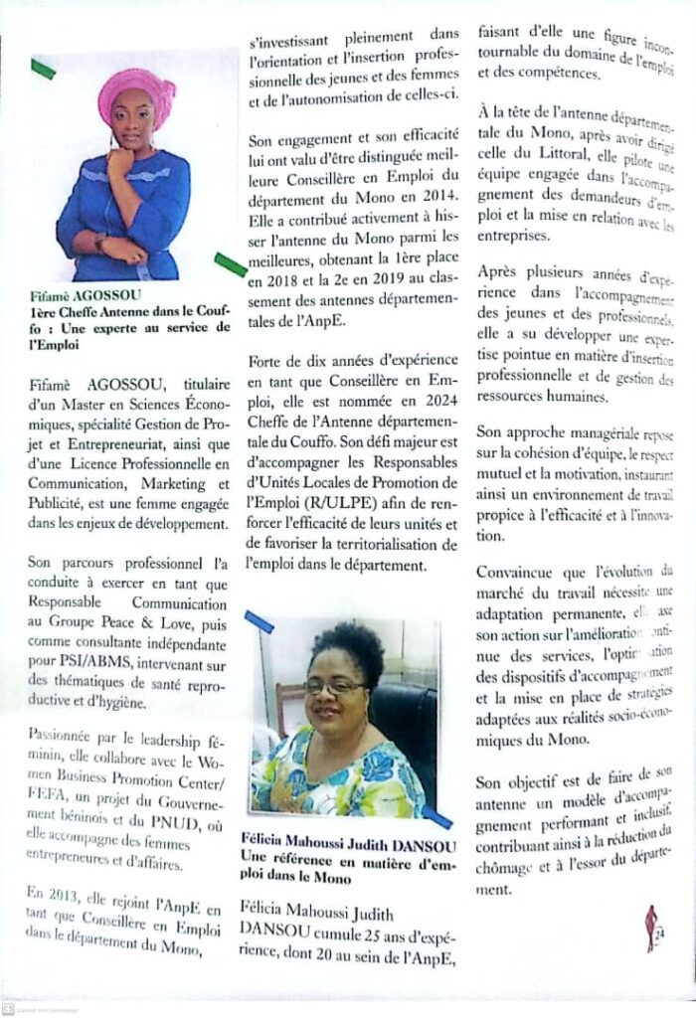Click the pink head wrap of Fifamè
(136, 89)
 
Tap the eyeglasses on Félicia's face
(334, 686)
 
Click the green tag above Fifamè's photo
(43, 68)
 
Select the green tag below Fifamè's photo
(230, 264)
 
